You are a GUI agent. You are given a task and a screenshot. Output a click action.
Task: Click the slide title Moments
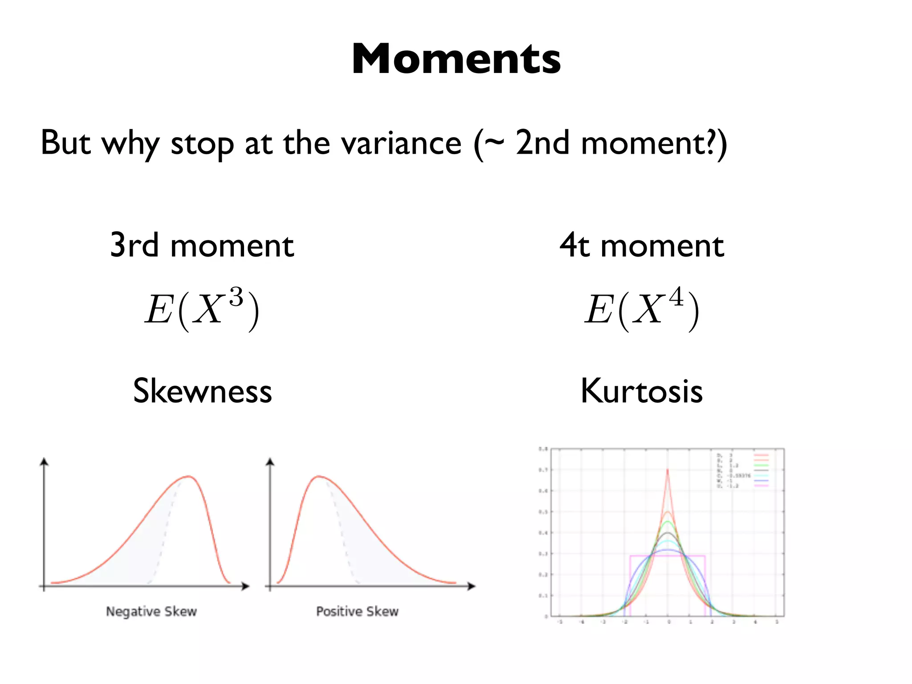pyautogui.click(x=456, y=59)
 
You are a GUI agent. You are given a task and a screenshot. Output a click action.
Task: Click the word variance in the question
pyautogui.click(x=401, y=143)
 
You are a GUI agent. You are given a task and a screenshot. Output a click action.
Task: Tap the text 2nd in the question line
pyautogui.click(x=542, y=143)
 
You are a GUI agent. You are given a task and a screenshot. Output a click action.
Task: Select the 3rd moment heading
pyautogui.click(x=202, y=245)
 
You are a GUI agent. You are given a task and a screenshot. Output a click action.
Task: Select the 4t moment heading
pyautogui.click(x=642, y=245)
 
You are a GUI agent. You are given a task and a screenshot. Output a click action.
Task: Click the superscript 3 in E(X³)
pyautogui.click(x=236, y=297)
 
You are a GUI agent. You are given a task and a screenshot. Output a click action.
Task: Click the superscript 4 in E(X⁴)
pyautogui.click(x=676, y=297)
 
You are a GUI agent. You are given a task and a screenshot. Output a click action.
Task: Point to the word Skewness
pyautogui.click(x=202, y=391)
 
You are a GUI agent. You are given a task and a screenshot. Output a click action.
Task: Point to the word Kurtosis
pyautogui.click(x=642, y=391)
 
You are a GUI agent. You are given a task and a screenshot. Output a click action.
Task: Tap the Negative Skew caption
pyautogui.click(x=151, y=611)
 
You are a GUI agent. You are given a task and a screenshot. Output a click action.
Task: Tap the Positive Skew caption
pyautogui.click(x=357, y=611)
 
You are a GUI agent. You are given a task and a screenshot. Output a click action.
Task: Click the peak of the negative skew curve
pyautogui.click(x=189, y=476)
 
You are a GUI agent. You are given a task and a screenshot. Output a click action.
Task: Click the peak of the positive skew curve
pyautogui.click(x=319, y=476)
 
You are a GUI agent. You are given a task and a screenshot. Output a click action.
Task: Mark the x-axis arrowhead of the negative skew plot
pyautogui.click(x=245, y=586)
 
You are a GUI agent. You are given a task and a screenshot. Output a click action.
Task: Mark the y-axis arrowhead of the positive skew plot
pyautogui.click(x=270, y=462)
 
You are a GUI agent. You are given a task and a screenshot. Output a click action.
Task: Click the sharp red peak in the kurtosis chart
pyautogui.click(x=668, y=470)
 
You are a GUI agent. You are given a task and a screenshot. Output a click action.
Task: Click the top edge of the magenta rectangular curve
pyautogui.click(x=668, y=555)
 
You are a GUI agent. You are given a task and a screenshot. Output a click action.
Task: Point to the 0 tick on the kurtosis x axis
pyautogui.click(x=668, y=622)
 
